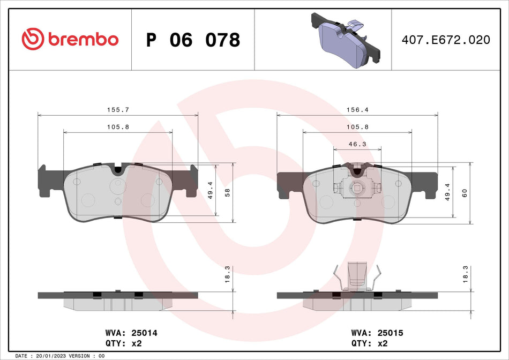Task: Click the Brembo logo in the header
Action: click(70, 39)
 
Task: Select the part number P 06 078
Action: click(193, 40)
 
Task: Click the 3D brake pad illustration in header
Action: click(345, 39)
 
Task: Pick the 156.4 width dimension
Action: click(357, 109)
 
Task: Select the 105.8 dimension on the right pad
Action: click(357, 127)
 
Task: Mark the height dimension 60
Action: click(465, 193)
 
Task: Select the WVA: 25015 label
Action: click(377, 333)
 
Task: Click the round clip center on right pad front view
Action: click(357, 187)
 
